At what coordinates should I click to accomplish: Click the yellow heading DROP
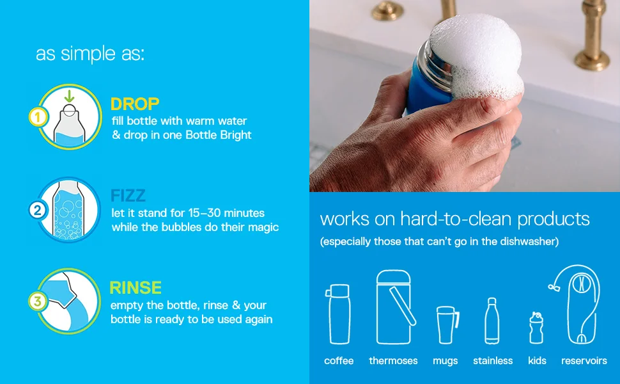[x=135, y=104]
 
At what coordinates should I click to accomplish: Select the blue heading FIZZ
[x=128, y=195]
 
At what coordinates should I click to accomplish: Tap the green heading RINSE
[x=136, y=287]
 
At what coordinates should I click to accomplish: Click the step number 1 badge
[x=37, y=117]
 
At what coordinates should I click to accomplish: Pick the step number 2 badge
[x=37, y=210]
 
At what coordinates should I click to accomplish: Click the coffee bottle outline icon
[x=339, y=314]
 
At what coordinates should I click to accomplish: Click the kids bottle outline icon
[x=536, y=327]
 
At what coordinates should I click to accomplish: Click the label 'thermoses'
[x=393, y=361]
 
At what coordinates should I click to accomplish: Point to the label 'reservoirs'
[x=584, y=361]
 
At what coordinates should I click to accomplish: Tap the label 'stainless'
[x=492, y=361]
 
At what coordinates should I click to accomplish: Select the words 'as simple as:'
[x=90, y=54]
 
